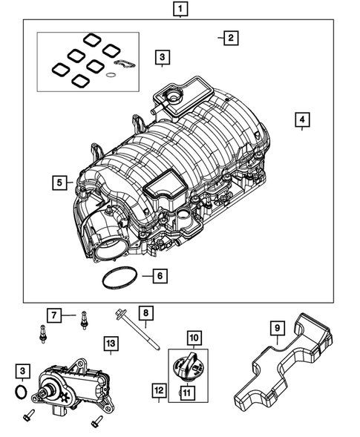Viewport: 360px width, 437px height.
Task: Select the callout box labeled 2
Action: (231, 38)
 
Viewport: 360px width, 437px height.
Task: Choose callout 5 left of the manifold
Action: (59, 181)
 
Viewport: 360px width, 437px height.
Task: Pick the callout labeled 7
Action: (53, 315)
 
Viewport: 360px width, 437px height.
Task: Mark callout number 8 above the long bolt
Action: (146, 314)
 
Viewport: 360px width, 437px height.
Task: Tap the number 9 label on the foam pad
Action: (276, 326)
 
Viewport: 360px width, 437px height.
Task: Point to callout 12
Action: (158, 390)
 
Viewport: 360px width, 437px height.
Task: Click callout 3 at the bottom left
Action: (24, 370)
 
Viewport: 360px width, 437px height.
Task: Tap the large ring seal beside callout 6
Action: (116, 279)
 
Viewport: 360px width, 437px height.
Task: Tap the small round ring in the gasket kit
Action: (111, 74)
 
